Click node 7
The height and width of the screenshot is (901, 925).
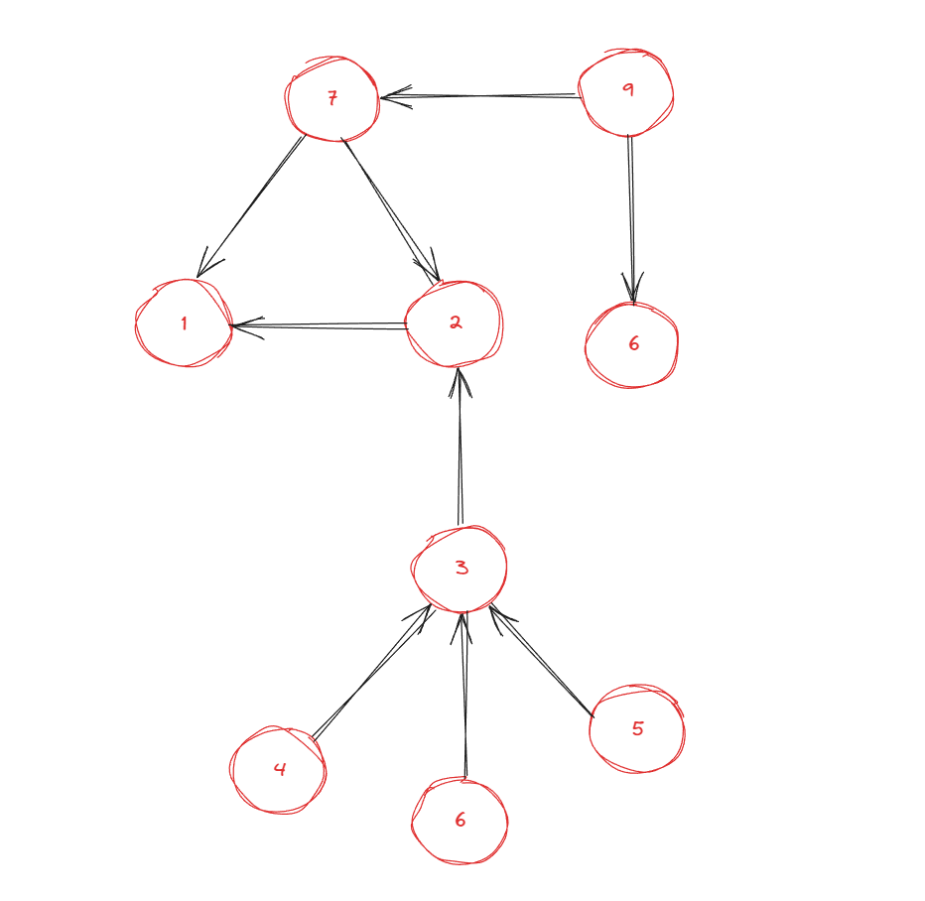coord(332,99)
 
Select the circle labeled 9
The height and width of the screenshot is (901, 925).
coord(626,92)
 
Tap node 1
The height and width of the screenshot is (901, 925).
coord(184,323)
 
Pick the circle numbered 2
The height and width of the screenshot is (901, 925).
coord(455,322)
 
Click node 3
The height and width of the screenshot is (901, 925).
coord(460,568)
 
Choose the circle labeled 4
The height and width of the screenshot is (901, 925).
coord(278,770)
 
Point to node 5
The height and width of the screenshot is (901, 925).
coord(636,729)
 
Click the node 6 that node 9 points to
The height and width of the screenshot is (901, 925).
coord(632,344)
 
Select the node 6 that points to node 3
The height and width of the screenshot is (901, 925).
coord(460,821)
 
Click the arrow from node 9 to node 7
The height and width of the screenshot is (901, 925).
coord(481,96)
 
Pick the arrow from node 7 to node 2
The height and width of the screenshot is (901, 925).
coord(390,210)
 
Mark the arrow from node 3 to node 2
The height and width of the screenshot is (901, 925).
coord(460,447)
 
